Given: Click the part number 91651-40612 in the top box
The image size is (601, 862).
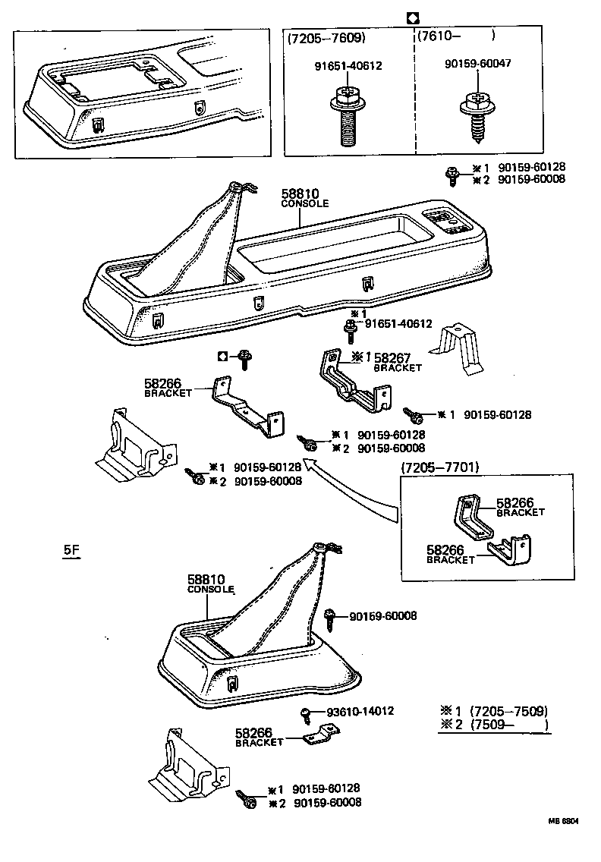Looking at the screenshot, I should (348, 66).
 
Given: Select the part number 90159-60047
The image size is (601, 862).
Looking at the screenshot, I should (477, 63).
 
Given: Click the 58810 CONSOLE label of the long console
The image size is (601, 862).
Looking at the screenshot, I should (305, 198).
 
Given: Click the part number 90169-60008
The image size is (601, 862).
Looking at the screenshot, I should (382, 616).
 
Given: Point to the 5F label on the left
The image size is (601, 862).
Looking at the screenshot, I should (71, 552).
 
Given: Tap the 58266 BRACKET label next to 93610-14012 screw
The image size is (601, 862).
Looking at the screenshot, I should (259, 737).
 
